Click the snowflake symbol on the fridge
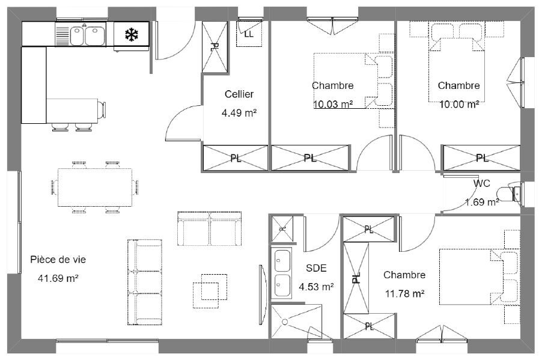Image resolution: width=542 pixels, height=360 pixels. pyautogui.click(x=132, y=35)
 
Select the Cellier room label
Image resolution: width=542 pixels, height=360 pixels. pyautogui.click(x=239, y=94)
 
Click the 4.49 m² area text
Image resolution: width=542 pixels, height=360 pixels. pyautogui.click(x=239, y=113)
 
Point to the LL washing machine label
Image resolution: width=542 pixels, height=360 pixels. pyautogui.click(x=249, y=34)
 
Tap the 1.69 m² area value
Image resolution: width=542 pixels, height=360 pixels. pyautogui.click(x=482, y=202)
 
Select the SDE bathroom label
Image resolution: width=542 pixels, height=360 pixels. pyautogui.click(x=316, y=268)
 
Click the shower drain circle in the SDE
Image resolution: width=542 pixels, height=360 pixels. pyautogui.click(x=285, y=322)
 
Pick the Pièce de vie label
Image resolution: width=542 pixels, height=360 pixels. pyautogui.click(x=58, y=260)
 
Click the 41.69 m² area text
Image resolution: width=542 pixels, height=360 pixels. pyautogui.click(x=58, y=278)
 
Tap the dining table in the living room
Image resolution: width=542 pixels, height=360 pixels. pyautogui.click(x=95, y=188)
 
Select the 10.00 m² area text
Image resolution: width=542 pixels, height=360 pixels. pyautogui.click(x=459, y=104)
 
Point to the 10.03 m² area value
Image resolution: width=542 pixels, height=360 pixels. pyautogui.click(x=333, y=104)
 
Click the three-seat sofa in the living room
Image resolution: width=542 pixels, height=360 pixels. pyautogui.click(x=145, y=282)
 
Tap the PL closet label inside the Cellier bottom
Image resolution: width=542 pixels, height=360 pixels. pyautogui.click(x=236, y=159)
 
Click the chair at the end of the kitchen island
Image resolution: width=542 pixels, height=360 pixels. pyautogui.click(x=102, y=109)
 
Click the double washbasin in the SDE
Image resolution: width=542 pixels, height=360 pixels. pyautogui.click(x=282, y=273)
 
